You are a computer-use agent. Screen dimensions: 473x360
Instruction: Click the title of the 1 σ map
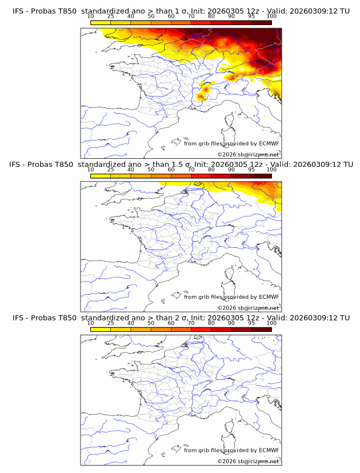pos(180,11)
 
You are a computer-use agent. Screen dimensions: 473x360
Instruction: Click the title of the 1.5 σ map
pos(180,165)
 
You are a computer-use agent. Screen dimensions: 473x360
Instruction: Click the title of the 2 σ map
pos(180,318)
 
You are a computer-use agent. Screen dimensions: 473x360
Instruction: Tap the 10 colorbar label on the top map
pos(90,16)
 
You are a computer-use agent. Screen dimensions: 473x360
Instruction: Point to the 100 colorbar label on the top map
pos(271,16)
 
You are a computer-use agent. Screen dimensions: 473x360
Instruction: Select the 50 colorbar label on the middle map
pos(151,170)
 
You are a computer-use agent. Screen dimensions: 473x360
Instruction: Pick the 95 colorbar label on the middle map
pos(251,170)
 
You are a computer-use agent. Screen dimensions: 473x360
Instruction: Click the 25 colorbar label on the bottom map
pos(110,323)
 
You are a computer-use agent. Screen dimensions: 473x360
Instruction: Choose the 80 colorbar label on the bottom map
pos(211,323)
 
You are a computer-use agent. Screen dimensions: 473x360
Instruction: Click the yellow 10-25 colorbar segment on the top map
pos(100,22)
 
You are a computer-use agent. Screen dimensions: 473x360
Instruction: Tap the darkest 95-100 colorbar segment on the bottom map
pos(262,330)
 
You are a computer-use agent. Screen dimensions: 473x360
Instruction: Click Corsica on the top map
pos(230,122)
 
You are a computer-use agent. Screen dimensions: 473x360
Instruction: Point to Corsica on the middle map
pos(230,275)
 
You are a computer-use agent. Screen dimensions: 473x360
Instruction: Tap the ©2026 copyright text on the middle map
pos(248,307)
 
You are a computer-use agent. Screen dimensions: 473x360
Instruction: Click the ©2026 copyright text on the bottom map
pos(248,461)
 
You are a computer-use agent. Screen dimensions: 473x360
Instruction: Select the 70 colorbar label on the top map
pos(191,16)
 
